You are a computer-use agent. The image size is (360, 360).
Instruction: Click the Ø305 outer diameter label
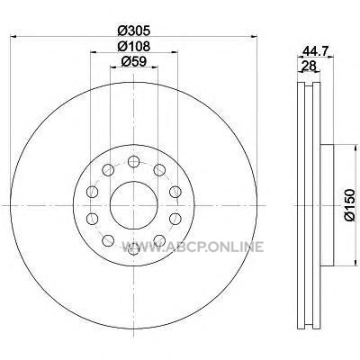[133, 30]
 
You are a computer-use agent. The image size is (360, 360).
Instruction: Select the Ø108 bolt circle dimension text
[133, 46]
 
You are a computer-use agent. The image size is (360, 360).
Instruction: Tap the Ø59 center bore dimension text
[133, 62]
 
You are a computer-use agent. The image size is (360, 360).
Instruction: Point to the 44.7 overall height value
[314, 51]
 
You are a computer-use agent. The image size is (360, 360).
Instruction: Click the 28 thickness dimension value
[309, 66]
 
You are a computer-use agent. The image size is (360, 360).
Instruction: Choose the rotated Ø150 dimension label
[349, 205]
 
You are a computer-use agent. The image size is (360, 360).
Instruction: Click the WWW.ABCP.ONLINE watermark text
[193, 247]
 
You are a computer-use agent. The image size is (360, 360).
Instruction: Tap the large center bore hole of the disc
[134, 205]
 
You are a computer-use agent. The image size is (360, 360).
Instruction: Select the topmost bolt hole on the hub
[134, 162]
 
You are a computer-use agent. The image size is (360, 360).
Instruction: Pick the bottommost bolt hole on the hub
[134, 248]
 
